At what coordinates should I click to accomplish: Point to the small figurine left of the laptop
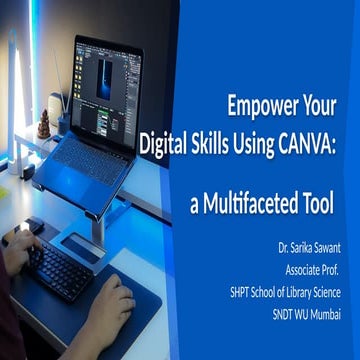pos(44,124)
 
